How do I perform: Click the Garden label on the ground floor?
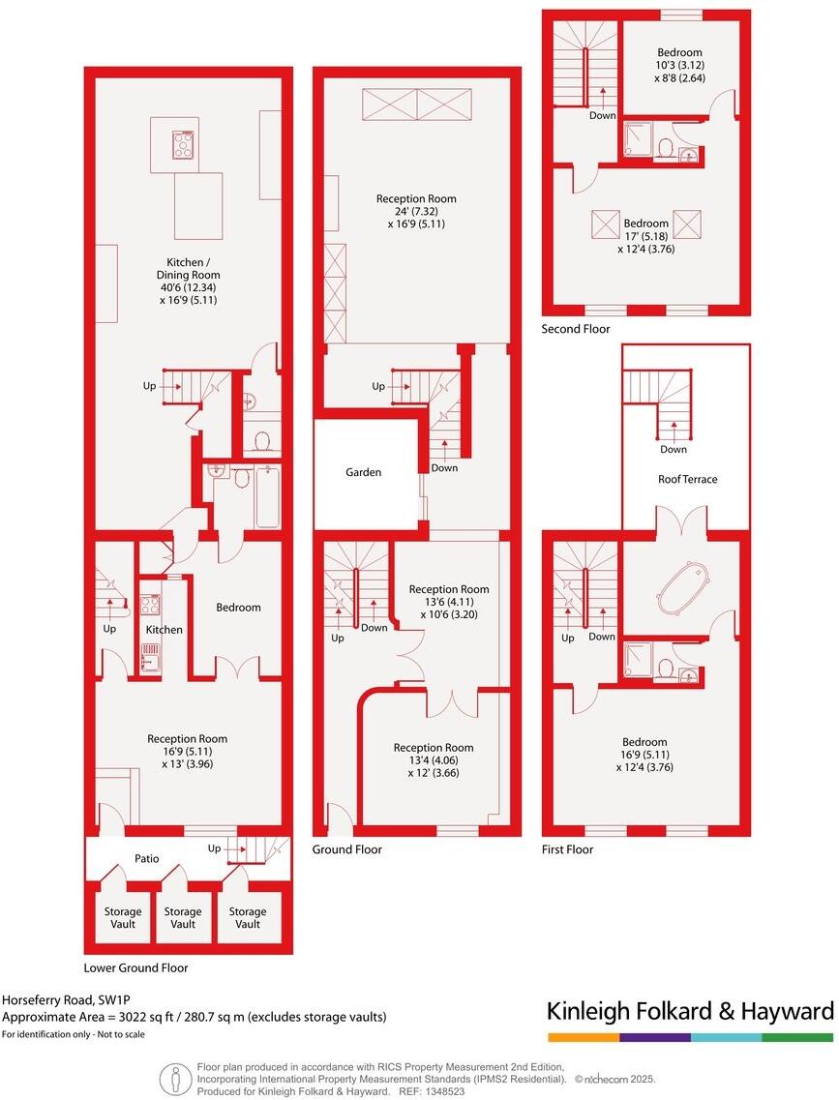(364, 472)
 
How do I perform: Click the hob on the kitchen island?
(184, 145)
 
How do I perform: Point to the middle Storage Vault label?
(183, 917)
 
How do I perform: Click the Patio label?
(147, 858)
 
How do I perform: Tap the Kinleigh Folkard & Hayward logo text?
(689, 1012)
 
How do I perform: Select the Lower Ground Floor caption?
(135, 967)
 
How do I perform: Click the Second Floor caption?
(576, 329)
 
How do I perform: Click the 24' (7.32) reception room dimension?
(416, 211)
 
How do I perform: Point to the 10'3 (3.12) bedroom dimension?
(679, 66)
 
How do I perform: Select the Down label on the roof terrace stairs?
(674, 449)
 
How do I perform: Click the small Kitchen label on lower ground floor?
(164, 630)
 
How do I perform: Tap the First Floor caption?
(567, 849)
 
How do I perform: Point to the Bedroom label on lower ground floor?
(238, 608)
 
